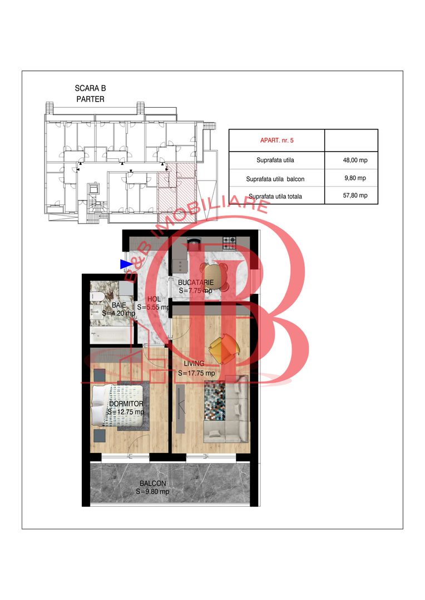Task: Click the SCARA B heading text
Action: [90, 88]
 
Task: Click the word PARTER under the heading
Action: [90, 99]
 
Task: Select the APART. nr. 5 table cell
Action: [276, 140]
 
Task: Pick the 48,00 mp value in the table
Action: [354, 161]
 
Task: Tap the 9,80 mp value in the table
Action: [354, 178]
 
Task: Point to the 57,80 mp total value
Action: [354, 196]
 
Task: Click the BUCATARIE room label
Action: [195, 283]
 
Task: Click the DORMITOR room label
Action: [126, 404]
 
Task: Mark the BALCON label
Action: [152, 484]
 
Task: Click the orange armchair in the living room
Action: [224, 346]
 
